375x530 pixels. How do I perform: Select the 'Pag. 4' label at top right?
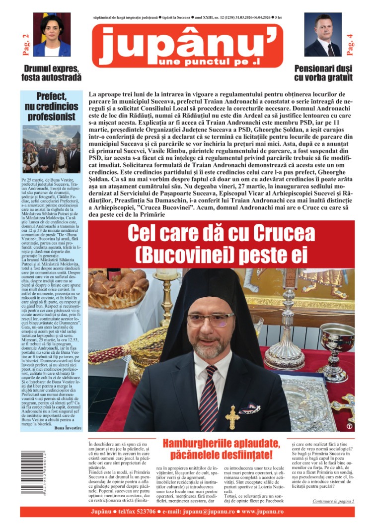tap(350, 43)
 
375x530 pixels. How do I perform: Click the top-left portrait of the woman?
tap(52, 35)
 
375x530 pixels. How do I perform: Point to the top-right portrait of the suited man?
tap(323, 35)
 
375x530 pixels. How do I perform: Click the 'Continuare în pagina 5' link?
tap(333, 501)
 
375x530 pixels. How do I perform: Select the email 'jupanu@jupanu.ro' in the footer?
tap(203, 512)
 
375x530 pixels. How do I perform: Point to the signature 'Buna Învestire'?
tap(68, 427)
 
